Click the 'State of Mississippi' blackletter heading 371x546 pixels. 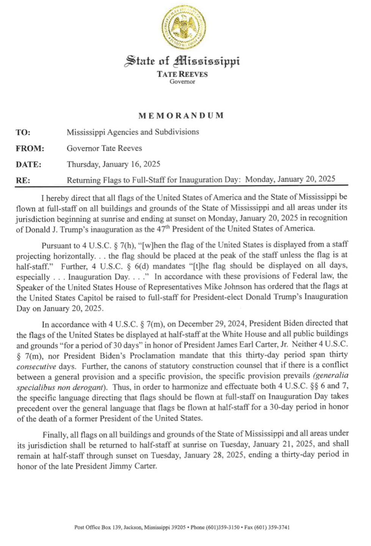coord(182,61)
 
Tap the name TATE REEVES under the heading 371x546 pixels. coord(182,74)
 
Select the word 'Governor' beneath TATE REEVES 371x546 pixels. coord(182,82)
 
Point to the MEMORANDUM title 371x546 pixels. coord(181,115)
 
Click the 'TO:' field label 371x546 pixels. coord(23,132)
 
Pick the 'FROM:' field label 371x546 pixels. coord(30,149)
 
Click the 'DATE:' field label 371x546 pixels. coord(28,165)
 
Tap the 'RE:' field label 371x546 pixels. coord(22,180)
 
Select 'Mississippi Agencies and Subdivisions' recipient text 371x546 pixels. coord(133,132)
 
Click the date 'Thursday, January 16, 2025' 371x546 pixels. coord(113,164)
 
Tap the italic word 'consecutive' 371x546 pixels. coord(36,367)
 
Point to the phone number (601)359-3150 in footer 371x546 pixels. coord(222,527)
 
